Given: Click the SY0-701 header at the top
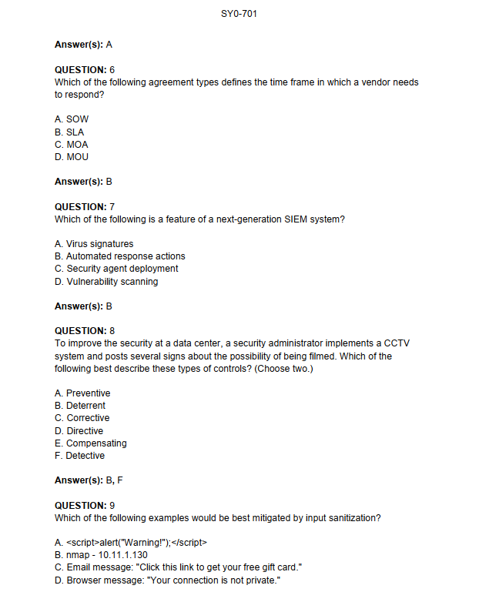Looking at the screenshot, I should pos(243,13).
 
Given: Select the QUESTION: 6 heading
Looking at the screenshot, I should pos(85,70).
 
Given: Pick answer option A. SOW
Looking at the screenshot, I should pos(72,119).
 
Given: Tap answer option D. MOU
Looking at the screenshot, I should pos(72,157).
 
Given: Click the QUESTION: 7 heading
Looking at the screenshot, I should pos(85,207).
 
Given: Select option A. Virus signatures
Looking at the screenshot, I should pos(94,244).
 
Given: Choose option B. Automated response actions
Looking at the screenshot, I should pos(120,256).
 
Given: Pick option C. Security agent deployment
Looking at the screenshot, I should pos(116,269).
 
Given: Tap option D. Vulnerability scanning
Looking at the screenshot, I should pos(106,282).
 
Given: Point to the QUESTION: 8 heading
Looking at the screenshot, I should pos(85,331).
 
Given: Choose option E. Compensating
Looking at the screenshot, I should pos(91,443).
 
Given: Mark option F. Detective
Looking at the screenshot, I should pos(80,456).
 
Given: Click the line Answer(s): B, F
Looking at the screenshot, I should pos(89,480).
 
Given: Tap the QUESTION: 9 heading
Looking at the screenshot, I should pos(85,506).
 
